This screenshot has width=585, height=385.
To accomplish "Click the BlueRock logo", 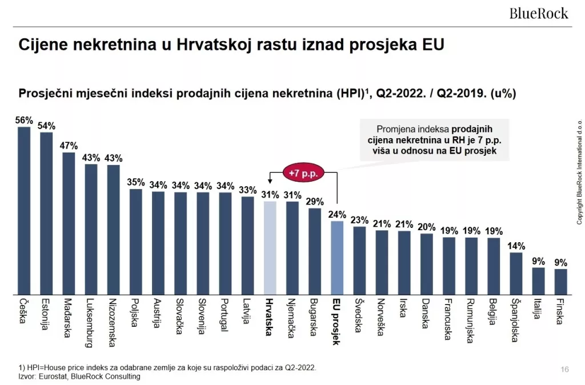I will [539, 12].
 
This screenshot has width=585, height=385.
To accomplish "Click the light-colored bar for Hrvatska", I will [270, 248].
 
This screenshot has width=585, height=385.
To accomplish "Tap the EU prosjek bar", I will [337, 258].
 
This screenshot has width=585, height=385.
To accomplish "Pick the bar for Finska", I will [560, 282].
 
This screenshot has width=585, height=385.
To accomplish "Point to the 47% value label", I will [69, 146].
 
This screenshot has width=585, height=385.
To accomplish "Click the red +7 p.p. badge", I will [303, 171].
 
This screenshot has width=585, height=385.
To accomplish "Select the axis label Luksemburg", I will [91, 323].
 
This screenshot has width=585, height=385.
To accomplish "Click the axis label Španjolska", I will [515, 320].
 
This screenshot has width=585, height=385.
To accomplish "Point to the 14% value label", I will [515, 246].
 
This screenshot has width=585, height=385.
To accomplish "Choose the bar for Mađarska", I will [69, 223].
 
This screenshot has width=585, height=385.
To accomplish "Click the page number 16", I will [564, 370].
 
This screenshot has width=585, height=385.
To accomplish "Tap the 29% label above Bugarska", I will [314, 202].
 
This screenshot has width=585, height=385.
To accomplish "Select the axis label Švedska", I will [359, 316].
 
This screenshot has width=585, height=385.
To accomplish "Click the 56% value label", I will [24, 121].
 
